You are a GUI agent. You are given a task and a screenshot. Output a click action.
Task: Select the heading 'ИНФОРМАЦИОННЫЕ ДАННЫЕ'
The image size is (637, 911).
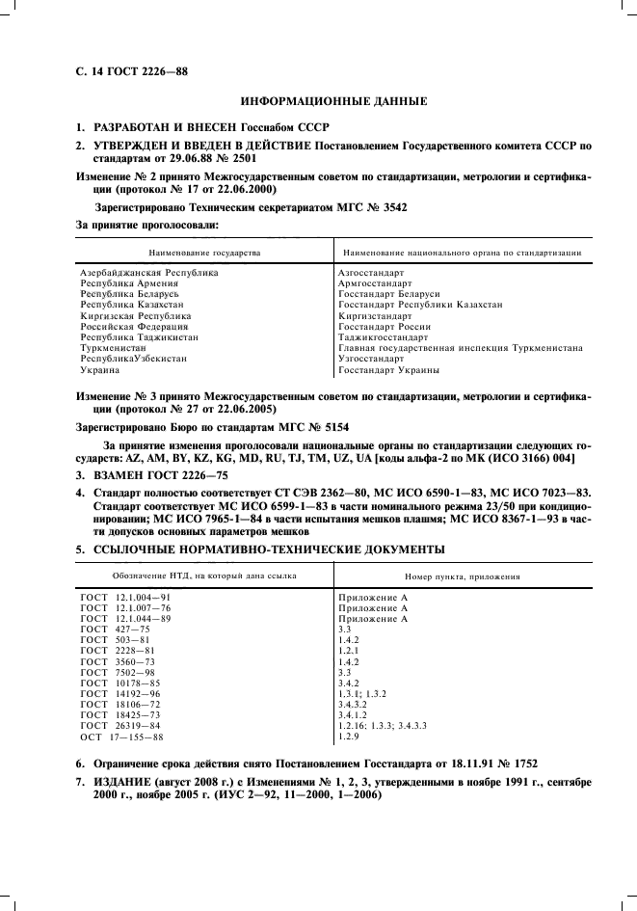333,101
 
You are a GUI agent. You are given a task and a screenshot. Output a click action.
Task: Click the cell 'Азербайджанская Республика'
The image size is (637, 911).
149,273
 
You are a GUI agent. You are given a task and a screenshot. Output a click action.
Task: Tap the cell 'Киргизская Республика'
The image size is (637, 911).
136,316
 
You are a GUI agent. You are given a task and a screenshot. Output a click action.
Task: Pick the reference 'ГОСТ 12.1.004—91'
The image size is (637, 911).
125,598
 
